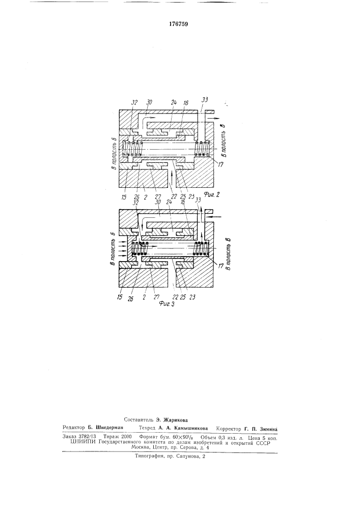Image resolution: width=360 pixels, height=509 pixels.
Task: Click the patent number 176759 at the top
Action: [179, 24]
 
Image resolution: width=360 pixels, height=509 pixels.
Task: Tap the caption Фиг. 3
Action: [167, 304]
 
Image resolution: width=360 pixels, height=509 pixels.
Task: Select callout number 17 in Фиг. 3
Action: [221, 266]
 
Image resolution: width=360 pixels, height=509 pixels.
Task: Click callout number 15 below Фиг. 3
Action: [120, 297]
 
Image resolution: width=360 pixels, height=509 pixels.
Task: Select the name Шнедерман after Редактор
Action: [107, 428]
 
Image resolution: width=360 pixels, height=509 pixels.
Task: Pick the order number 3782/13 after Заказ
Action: [87, 437]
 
